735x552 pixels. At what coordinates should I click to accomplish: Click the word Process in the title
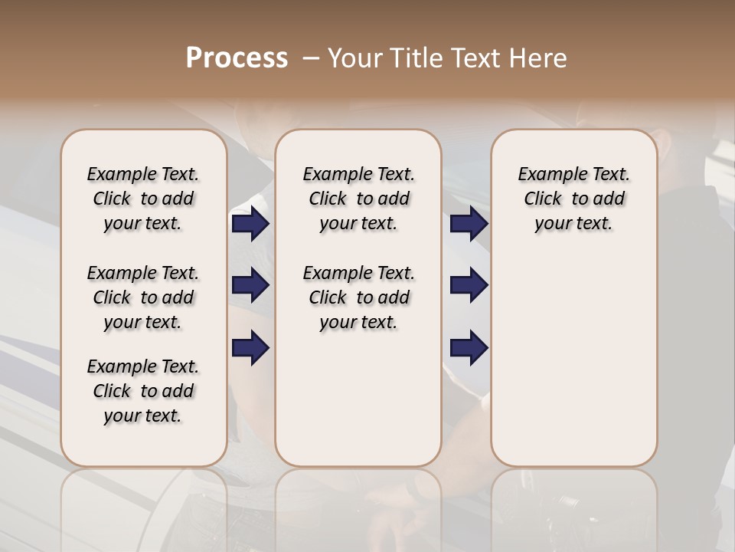(x=237, y=58)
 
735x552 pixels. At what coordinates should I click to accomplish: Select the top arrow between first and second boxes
(x=250, y=224)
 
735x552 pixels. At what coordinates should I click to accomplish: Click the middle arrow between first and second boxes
(x=250, y=286)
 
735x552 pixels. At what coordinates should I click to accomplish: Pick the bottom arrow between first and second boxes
(x=250, y=348)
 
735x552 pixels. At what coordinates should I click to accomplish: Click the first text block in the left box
(x=143, y=199)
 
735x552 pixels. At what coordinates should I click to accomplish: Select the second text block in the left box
(x=143, y=297)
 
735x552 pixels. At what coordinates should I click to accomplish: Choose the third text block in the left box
(x=143, y=391)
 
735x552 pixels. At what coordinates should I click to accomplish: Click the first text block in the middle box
(x=358, y=199)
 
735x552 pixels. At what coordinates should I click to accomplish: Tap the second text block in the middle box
(x=358, y=297)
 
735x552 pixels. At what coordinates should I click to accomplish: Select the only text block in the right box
(x=573, y=199)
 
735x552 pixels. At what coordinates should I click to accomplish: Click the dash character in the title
(x=311, y=58)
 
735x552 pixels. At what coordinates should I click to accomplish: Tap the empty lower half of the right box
(x=573, y=368)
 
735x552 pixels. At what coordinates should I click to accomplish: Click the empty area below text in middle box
(x=358, y=399)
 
